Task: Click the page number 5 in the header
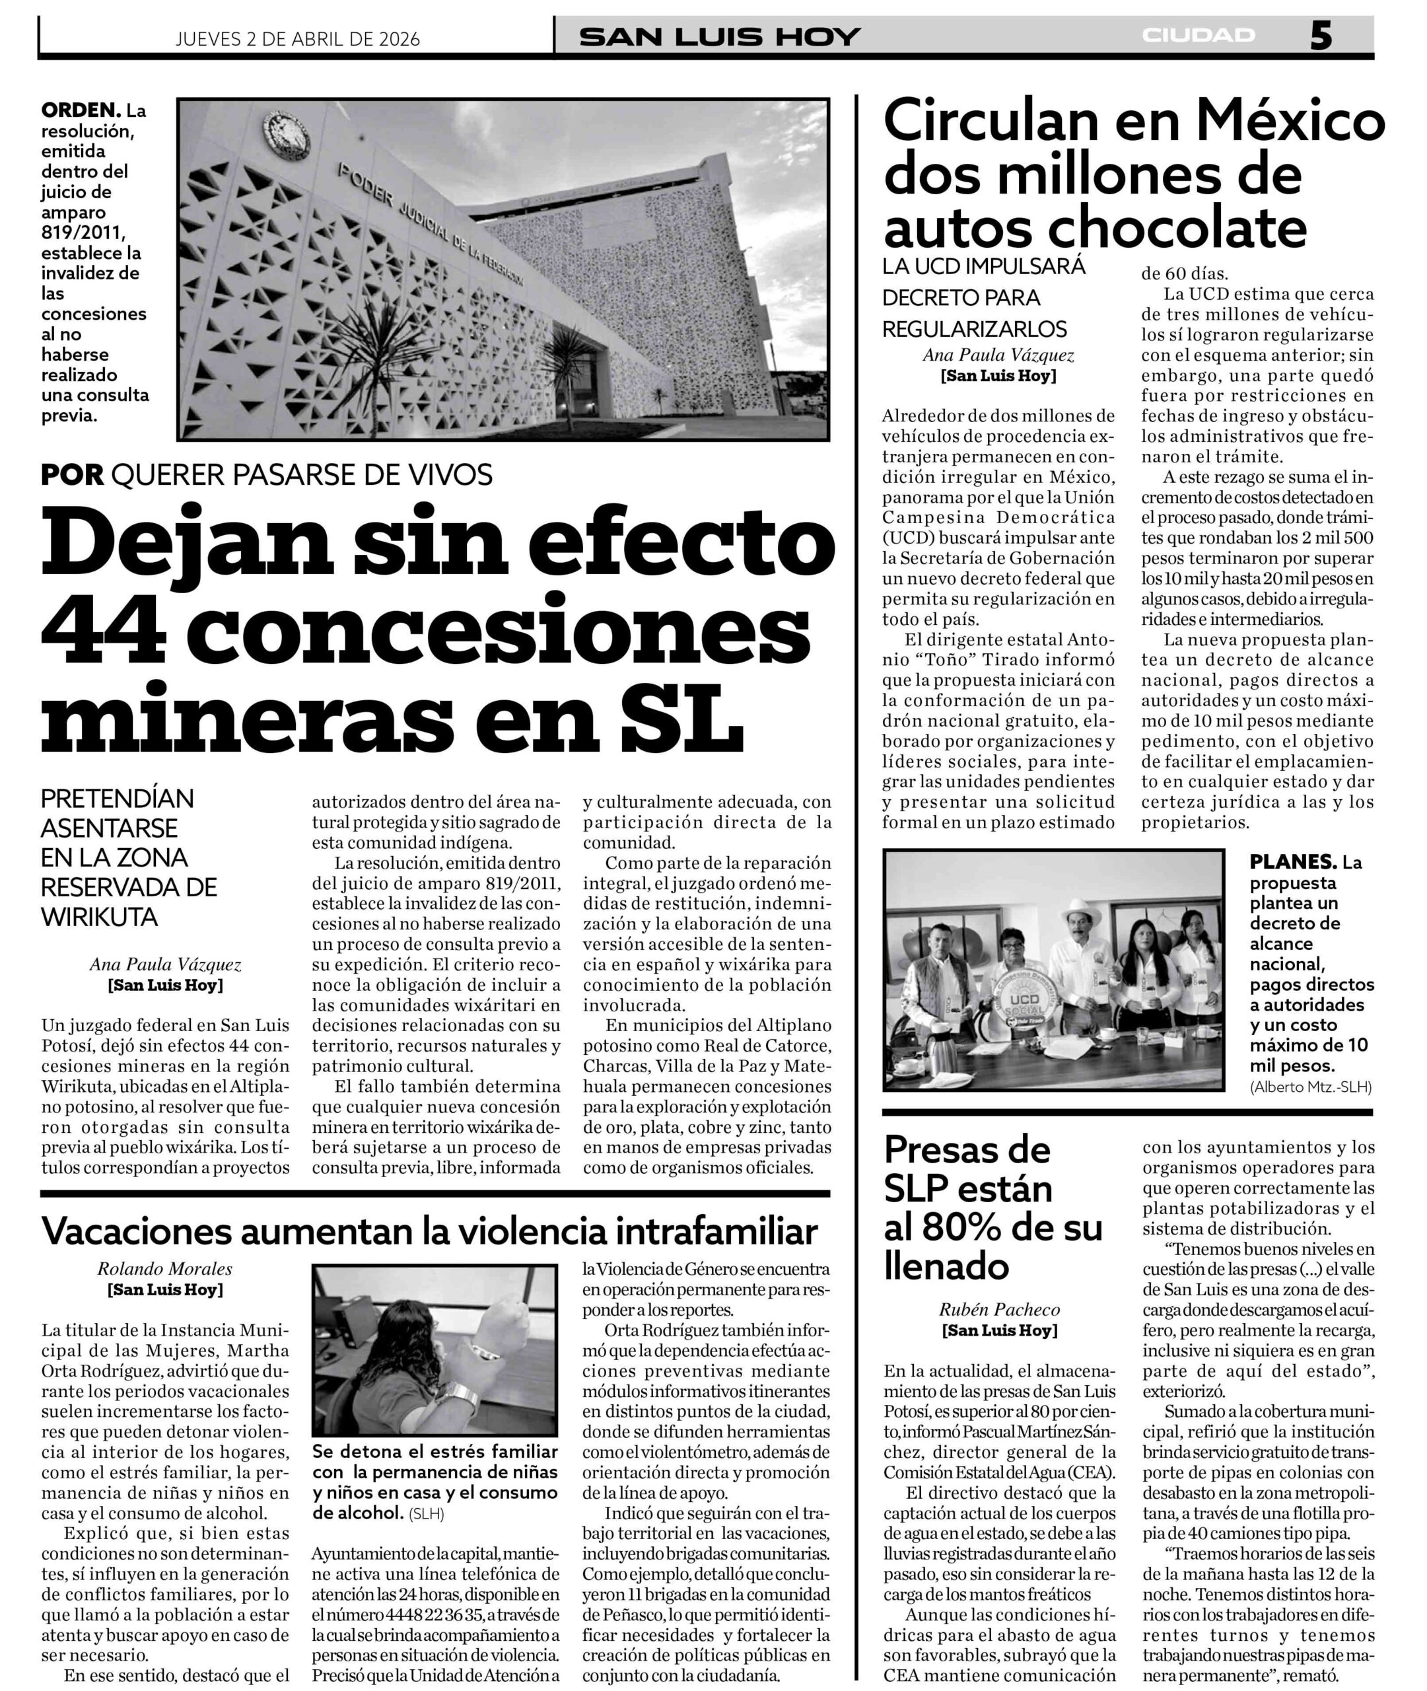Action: click(1320, 36)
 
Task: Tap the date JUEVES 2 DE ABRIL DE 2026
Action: click(298, 39)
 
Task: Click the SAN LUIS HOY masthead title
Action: click(720, 37)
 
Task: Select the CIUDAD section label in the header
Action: click(1198, 36)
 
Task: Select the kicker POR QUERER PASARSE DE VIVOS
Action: click(267, 475)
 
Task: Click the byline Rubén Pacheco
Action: click(999, 1310)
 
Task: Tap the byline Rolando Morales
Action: click(165, 1269)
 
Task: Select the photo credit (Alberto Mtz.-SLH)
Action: click(1311, 1087)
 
